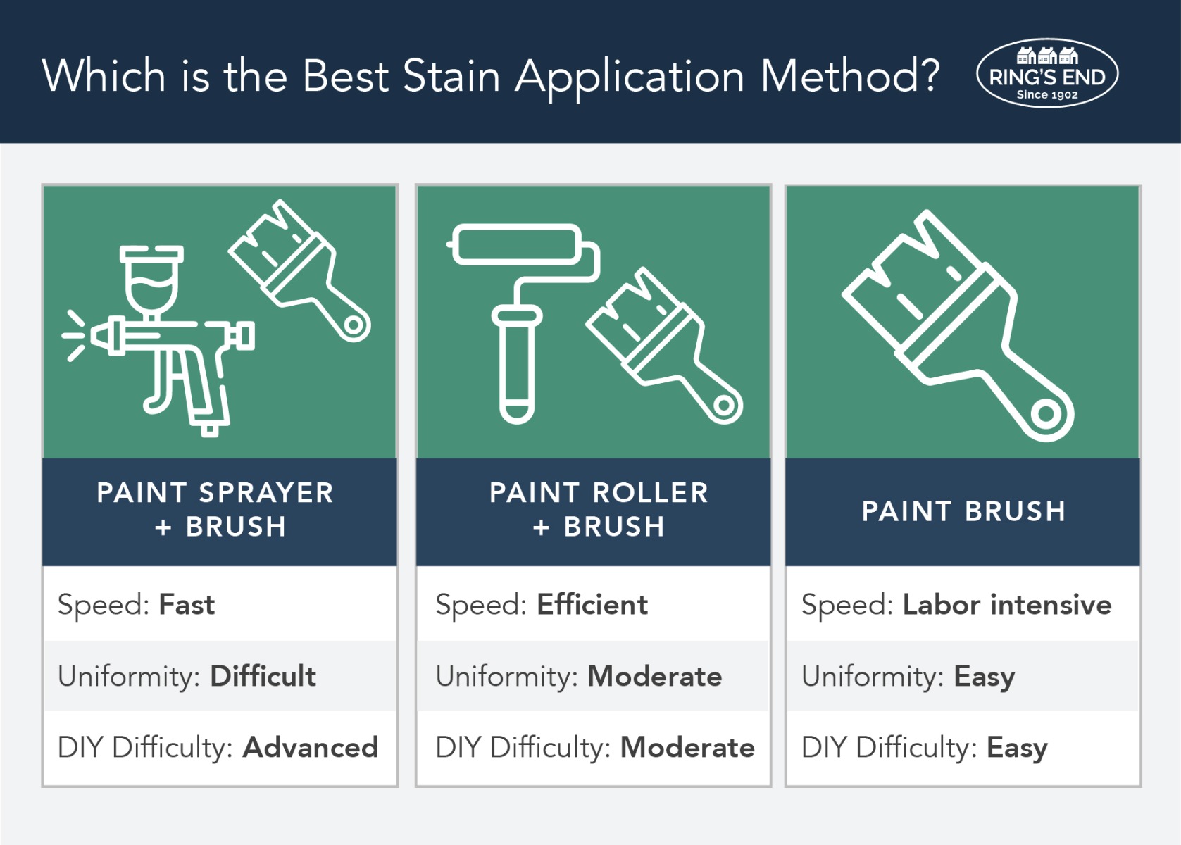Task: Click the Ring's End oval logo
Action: click(x=1047, y=73)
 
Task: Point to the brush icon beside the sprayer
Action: click(x=299, y=271)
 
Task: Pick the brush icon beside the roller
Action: click(x=664, y=346)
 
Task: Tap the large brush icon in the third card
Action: click(x=958, y=326)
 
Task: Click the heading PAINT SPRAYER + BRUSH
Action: click(x=215, y=510)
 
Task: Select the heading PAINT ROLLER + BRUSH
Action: click(x=599, y=510)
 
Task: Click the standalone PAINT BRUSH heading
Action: click(x=964, y=511)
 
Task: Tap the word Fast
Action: click(x=187, y=604)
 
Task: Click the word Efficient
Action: click(x=592, y=604)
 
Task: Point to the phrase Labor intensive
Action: click(x=1007, y=604)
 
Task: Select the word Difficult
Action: click(x=263, y=676)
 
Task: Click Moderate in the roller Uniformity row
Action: click(x=655, y=676)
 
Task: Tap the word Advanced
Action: click(x=311, y=748)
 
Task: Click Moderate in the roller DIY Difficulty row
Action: click(x=687, y=748)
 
